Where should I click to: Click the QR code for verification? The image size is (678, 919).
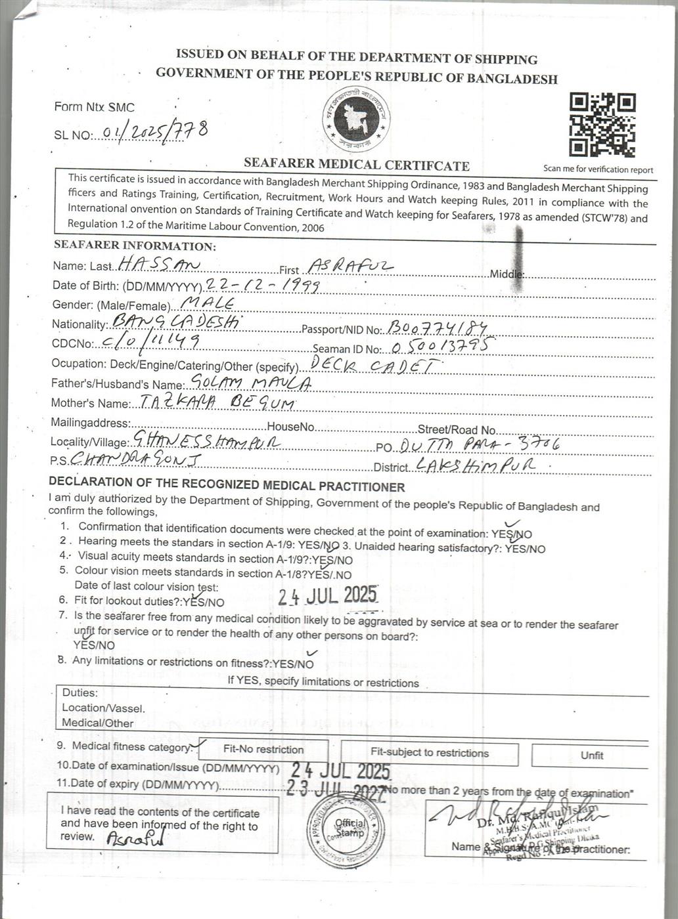602,125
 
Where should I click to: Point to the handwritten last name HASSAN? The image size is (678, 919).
158,265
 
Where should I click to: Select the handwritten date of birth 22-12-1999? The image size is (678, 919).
263,284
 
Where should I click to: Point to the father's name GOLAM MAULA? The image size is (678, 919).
249,383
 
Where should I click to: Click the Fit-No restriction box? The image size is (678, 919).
263,750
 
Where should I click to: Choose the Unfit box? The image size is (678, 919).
591,756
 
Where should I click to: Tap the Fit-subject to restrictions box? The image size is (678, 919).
429,753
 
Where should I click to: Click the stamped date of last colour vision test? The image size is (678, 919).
327,595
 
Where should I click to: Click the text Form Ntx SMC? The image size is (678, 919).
94,106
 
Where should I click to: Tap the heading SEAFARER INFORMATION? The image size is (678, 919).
134,246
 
